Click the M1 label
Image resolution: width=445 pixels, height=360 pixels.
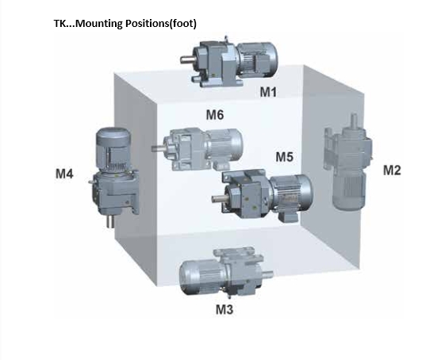[x=268, y=92]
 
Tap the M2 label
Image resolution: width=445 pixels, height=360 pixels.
[x=392, y=170]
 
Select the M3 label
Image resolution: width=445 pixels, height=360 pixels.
[x=224, y=309]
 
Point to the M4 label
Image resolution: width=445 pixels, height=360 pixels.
[x=64, y=174]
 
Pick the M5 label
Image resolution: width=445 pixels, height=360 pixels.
[x=284, y=157]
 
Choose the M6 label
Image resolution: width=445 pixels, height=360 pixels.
[x=215, y=115]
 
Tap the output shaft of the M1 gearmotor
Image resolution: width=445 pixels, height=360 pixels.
[x=187, y=59]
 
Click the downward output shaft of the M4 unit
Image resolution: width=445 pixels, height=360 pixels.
[x=111, y=220]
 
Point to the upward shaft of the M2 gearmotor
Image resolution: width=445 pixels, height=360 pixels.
[x=354, y=121]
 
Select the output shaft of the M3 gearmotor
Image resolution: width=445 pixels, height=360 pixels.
[x=267, y=274]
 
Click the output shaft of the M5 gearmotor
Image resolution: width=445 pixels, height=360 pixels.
[x=219, y=198]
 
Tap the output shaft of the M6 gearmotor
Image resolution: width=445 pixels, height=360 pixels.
[x=159, y=147]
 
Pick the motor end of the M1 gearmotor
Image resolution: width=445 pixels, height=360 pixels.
[x=257, y=59]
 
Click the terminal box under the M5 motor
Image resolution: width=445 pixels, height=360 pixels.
[x=288, y=216]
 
